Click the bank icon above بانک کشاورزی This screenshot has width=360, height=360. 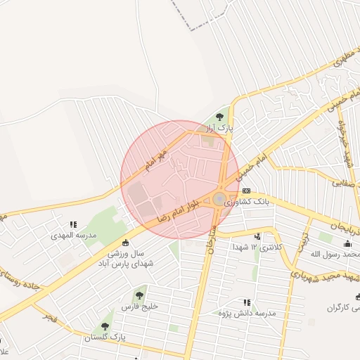pyautogui.click(x=246, y=191)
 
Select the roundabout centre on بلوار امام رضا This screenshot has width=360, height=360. pyautogui.click(x=219, y=199)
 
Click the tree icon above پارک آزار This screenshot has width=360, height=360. pyautogui.click(x=220, y=117)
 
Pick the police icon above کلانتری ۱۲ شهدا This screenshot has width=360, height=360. pyautogui.click(x=257, y=237)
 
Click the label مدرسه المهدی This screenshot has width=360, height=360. pyautogui.click(x=72, y=236)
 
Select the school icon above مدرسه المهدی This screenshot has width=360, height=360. pyautogui.click(x=72, y=225)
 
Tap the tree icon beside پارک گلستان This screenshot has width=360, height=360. pyautogui.click(x=105, y=326)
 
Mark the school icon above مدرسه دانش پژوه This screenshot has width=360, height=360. pyautogui.click(x=246, y=301)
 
